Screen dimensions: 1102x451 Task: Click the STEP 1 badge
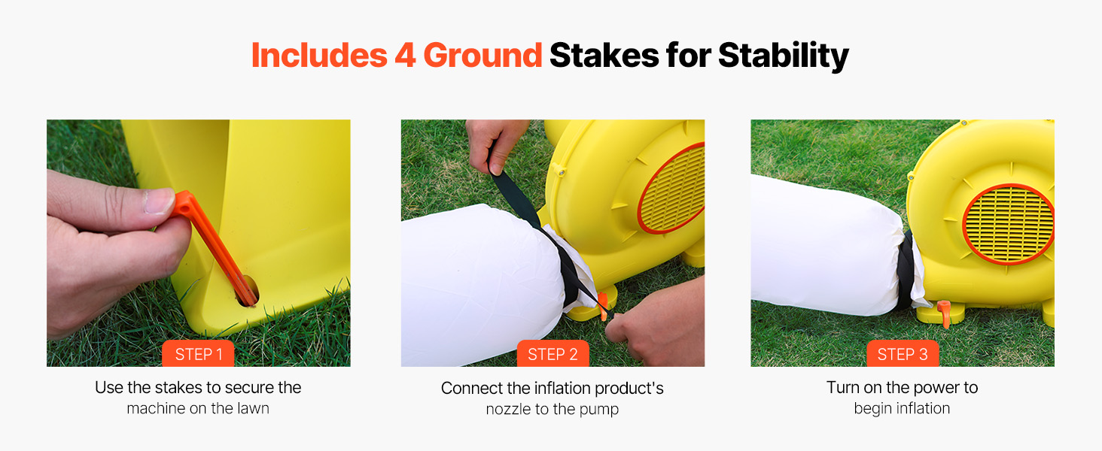(198, 353)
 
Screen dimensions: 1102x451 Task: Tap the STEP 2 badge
(553, 353)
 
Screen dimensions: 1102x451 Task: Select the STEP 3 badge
(903, 353)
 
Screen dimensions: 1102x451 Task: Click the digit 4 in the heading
(406, 55)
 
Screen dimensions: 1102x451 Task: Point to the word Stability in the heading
(783, 56)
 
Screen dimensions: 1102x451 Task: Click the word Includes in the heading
(319, 55)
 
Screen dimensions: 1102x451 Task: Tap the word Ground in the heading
(483, 55)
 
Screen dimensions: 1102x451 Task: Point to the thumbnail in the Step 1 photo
(160, 201)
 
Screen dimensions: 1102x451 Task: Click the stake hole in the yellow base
(248, 291)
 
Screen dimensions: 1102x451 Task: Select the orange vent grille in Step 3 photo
(1008, 224)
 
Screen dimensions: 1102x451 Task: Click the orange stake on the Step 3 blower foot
(944, 313)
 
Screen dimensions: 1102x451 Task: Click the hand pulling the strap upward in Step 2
(494, 145)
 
